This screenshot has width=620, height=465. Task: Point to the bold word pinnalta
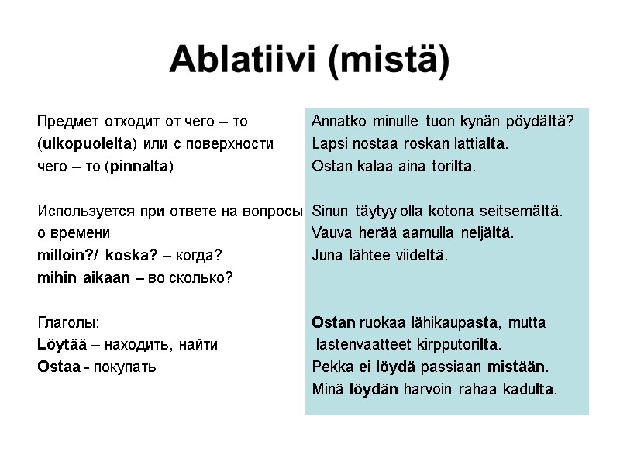point(139,166)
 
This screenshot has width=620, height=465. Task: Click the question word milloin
point(66,255)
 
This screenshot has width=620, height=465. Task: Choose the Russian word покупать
point(125,367)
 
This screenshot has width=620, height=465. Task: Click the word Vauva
point(329,233)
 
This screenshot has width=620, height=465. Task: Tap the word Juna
point(325,255)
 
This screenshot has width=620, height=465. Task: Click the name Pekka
point(329,367)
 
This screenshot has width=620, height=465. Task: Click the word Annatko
point(339,122)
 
